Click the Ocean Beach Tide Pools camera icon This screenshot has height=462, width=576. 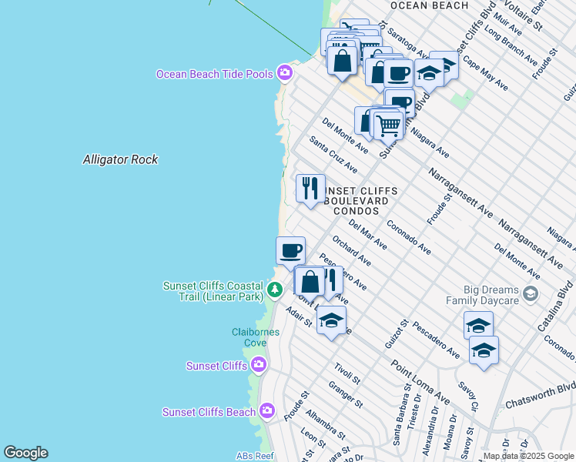pyautogui.click(x=285, y=72)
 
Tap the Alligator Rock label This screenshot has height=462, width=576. pyautogui.click(x=120, y=159)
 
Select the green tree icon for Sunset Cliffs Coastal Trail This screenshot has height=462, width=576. pyautogui.click(x=275, y=290)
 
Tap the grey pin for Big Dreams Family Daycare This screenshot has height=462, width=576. pyautogui.click(x=530, y=293)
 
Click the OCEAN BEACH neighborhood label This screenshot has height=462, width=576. pyautogui.click(x=429, y=5)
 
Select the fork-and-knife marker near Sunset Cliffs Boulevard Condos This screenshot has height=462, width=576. pyautogui.click(x=310, y=188)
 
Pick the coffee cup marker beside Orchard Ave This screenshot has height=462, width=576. pyautogui.click(x=291, y=250)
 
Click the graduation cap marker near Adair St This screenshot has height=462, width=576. pyautogui.click(x=331, y=320)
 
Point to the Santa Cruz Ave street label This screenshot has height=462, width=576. pyautogui.click(x=333, y=154)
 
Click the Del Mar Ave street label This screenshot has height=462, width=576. pyautogui.click(x=367, y=234)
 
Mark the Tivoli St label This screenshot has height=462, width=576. pyautogui.click(x=347, y=373)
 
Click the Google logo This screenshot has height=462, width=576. pyautogui.click(x=25, y=453)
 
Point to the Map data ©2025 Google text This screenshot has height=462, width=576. pyautogui.click(x=528, y=456)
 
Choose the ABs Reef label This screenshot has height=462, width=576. pyautogui.click(x=255, y=456)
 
